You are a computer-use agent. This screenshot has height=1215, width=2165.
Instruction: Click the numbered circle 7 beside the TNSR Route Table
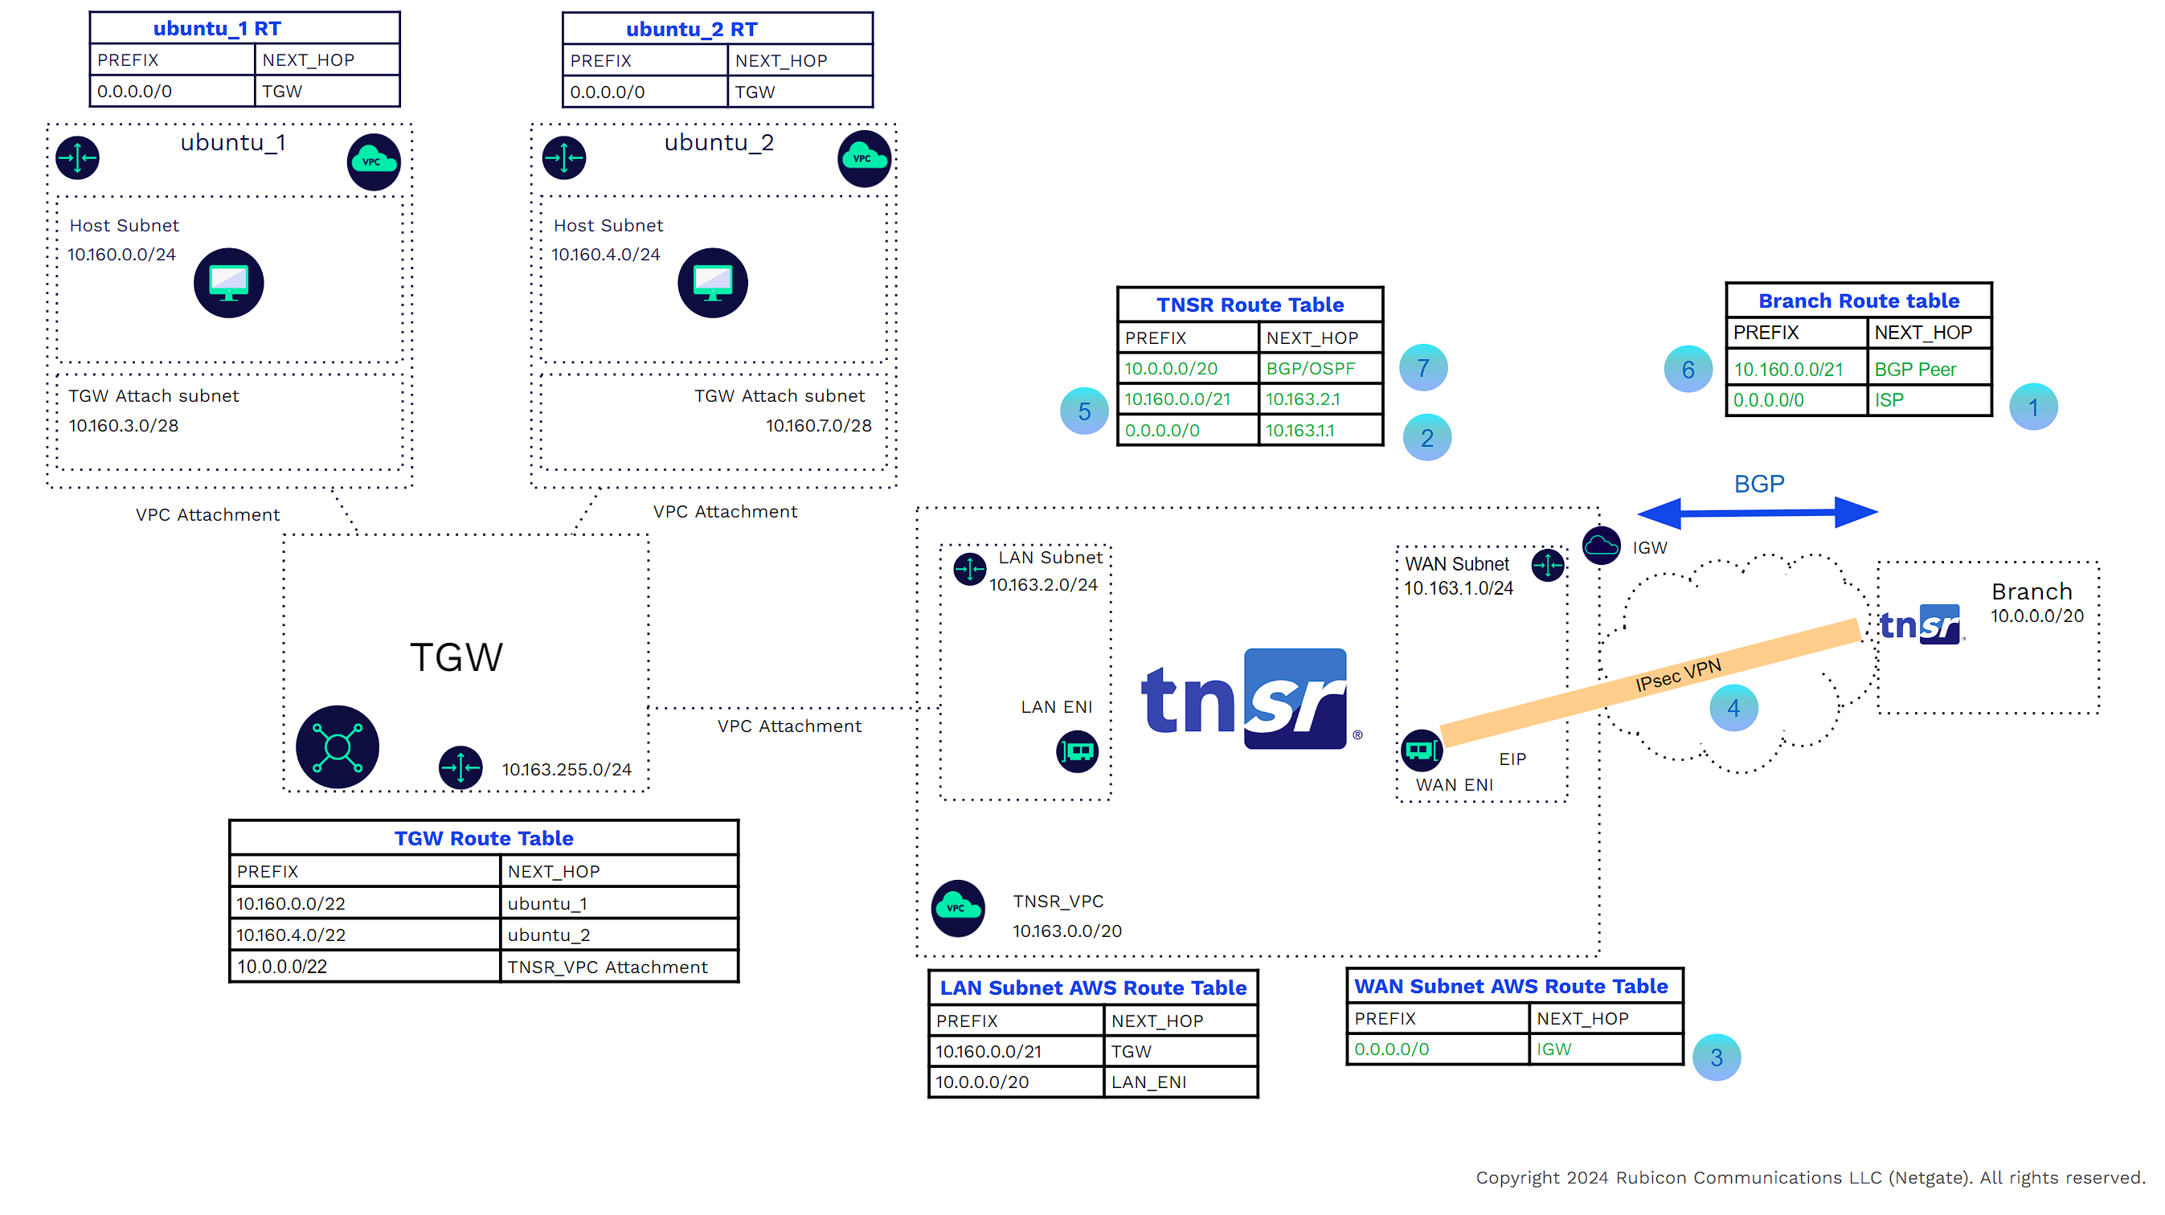pos(1423,368)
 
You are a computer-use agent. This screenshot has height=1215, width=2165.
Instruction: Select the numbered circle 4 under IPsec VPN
pos(1733,708)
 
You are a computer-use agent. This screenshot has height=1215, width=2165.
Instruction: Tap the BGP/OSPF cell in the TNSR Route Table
pos(1310,368)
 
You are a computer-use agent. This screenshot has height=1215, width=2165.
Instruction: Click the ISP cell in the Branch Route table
pos(1889,400)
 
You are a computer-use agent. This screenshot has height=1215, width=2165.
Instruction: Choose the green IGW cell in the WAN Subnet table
pos(1553,1049)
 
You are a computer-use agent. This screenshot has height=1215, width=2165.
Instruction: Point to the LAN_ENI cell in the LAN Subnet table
pos(1148,1082)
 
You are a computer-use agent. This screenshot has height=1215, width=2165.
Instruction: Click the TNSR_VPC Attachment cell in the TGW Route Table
pos(607,967)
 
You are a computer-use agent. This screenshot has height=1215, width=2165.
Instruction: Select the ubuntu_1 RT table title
pos(217,29)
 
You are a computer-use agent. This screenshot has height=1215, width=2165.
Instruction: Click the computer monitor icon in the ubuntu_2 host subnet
pos(713,282)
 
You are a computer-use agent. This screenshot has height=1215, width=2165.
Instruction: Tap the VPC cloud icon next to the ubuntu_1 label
pos(373,162)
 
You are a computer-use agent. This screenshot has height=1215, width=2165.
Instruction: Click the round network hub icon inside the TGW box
pos(337,747)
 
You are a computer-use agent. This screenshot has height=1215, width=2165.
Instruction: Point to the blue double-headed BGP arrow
pos(1758,512)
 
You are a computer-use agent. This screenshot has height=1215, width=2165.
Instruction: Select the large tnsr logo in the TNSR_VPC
pos(1247,699)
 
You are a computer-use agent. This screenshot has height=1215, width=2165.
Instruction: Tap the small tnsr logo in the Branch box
pos(1921,624)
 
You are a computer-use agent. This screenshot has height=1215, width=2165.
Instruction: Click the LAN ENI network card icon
pos(1077,751)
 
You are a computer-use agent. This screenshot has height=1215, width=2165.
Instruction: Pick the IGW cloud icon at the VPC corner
pos(1601,546)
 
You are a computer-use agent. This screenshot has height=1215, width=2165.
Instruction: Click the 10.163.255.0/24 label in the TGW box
pos(567,769)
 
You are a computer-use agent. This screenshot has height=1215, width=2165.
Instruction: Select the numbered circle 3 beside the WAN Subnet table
pos(1715,1057)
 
